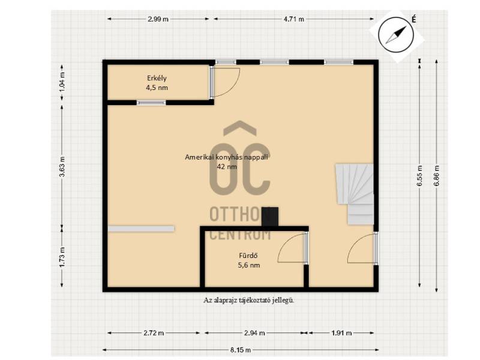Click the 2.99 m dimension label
click(x=158, y=19)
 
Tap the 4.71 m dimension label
click(x=294, y=19)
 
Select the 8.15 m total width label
click(x=241, y=350)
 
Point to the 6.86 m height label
click(x=437, y=176)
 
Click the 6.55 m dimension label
click(x=419, y=176)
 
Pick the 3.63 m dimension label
click(x=62, y=167)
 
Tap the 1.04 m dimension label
click(x=62, y=82)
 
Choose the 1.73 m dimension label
click(x=62, y=257)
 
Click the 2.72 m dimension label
click(x=154, y=333)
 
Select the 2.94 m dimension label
click(x=254, y=333)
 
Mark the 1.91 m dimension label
click(x=341, y=333)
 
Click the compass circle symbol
click(x=397, y=35)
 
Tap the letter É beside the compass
click(x=413, y=19)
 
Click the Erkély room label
click(x=157, y=78)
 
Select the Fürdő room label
click(x=248, y=256)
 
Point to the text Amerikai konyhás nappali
click(x=227, y=157)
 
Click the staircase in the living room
click(x=355, y=194)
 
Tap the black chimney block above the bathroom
click(x=270, y=217)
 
